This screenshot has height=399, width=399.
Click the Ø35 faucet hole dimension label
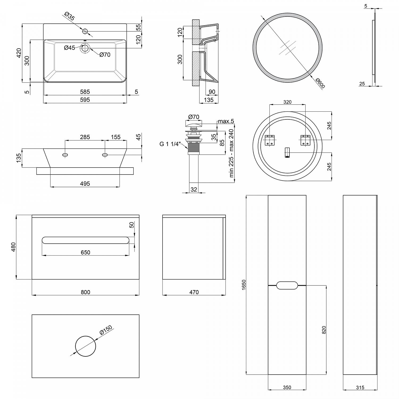pyautogui.click(x=70, y=16)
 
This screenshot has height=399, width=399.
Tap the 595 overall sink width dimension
pyautogui.click(x=85, y=100)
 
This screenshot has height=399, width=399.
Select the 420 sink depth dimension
pyautogui.click(x=19, y=53)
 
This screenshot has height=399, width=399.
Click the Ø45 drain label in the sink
pyautogui.click(x=69, y=48)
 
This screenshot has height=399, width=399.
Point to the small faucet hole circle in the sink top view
pyautogui.click(x=85, y=31)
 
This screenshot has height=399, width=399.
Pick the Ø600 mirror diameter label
pyautogui.click(x=319, y=83)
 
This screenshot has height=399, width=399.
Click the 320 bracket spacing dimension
pyautogui.click(x=288, y=102)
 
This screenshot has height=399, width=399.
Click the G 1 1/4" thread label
pyautogui.click(x=170, y=144)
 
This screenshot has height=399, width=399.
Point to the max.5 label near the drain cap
pyautogui.click(x=226, y=121)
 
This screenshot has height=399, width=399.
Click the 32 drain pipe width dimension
pyautogui.click(x=194, y=189)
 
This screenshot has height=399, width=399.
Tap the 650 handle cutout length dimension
pyautogui.click(x=85, y=252)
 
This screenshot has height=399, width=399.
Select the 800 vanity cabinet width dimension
pyautogui.click(x=85, y=292)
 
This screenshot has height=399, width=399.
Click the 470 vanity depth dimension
pyautogui.click(x=194, y=292)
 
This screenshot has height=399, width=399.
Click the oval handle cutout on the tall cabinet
pyautogui.click(x=287, y=285)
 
